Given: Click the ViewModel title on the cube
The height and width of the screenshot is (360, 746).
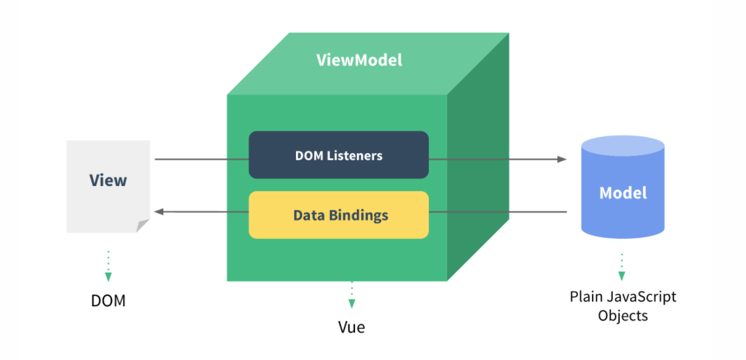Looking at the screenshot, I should point(359,60).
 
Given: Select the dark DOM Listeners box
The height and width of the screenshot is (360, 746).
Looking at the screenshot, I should point(339,155).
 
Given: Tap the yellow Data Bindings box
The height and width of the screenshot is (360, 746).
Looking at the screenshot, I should point(339,215).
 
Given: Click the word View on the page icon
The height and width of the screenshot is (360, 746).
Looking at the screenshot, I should point(108,180).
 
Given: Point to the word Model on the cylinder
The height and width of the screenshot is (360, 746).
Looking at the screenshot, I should point(623,192).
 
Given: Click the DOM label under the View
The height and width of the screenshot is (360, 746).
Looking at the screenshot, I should point(108,301).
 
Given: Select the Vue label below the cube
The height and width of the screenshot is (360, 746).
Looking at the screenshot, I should point(352,327).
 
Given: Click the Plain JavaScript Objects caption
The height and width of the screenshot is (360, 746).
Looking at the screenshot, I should point(623,306).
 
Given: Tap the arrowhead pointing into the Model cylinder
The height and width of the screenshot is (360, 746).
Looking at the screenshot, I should point(561,159).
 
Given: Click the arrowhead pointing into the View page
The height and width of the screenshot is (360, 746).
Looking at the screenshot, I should point(158,211).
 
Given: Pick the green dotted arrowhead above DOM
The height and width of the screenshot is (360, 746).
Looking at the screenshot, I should point(108,277).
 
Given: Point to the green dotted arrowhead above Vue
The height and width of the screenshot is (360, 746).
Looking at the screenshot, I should point(352,303).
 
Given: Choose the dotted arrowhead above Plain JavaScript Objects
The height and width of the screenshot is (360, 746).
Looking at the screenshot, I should point(622,276).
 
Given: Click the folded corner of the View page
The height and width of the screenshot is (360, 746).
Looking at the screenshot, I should point(143,226).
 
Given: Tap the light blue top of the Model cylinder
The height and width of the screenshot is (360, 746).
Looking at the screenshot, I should point(623,145).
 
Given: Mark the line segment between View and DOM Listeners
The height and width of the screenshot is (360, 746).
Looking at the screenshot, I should point(201,159).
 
